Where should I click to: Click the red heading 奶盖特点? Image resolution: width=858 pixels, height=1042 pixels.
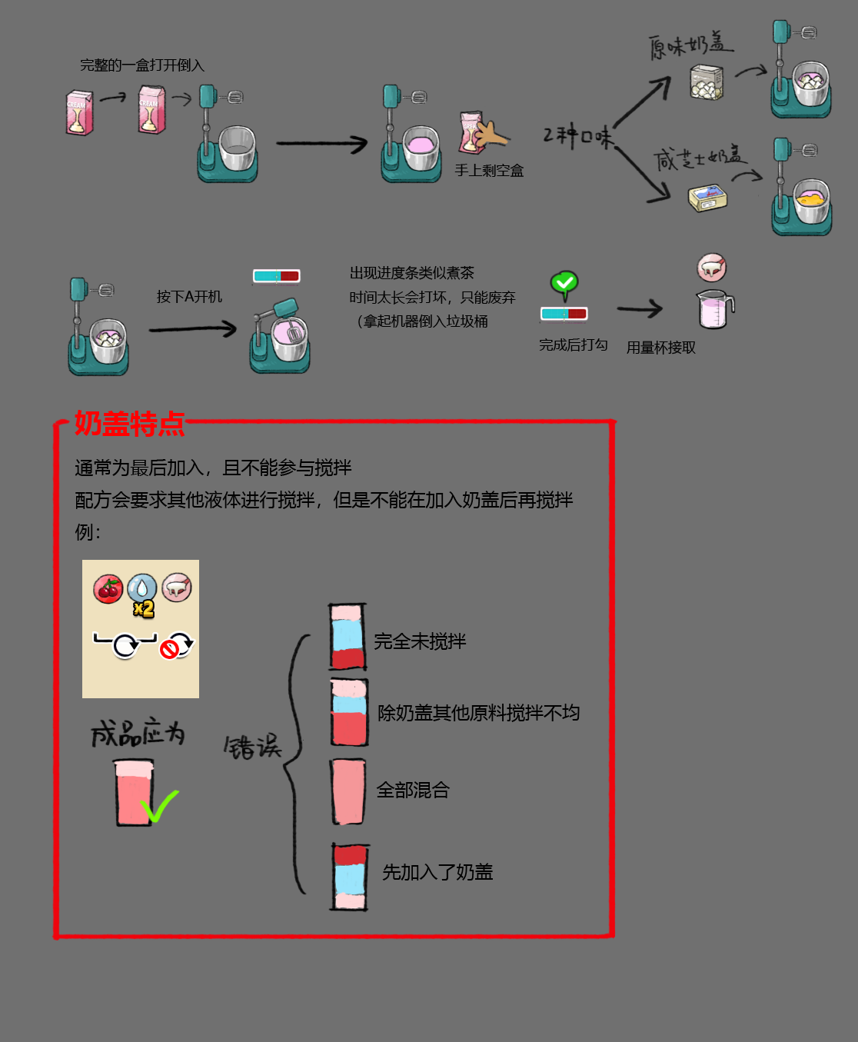[x=130, y=424]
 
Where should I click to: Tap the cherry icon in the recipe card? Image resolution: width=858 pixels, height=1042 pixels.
[x=108, y=588]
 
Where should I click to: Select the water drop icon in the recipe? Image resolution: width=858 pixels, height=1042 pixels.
[x=142, y=588]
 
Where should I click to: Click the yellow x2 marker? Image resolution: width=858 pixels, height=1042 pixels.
[x=144, y=609]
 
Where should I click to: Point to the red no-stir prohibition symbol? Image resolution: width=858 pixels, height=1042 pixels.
[x=169, y=650]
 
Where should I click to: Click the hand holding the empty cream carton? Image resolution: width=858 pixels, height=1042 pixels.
[x=491, y=133]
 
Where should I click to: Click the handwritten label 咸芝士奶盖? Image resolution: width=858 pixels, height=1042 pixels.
[x=700, y=158]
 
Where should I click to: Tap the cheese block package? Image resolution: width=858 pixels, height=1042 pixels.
[x=708, y=198]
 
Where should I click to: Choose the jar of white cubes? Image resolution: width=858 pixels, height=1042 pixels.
[x=707, y=82]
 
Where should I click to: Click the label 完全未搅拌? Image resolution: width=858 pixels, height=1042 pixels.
[x=420, y=642]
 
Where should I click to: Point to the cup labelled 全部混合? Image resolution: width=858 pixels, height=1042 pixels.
[x=349, y=791]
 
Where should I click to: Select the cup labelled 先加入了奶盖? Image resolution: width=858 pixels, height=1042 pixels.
[x=350, y=877]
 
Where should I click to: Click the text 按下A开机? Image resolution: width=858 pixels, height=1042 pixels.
[x=189, y=297]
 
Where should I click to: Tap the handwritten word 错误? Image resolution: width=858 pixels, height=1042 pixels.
[x=253, y=747]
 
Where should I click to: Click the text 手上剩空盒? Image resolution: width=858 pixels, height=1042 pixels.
[x=489, y=171]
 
